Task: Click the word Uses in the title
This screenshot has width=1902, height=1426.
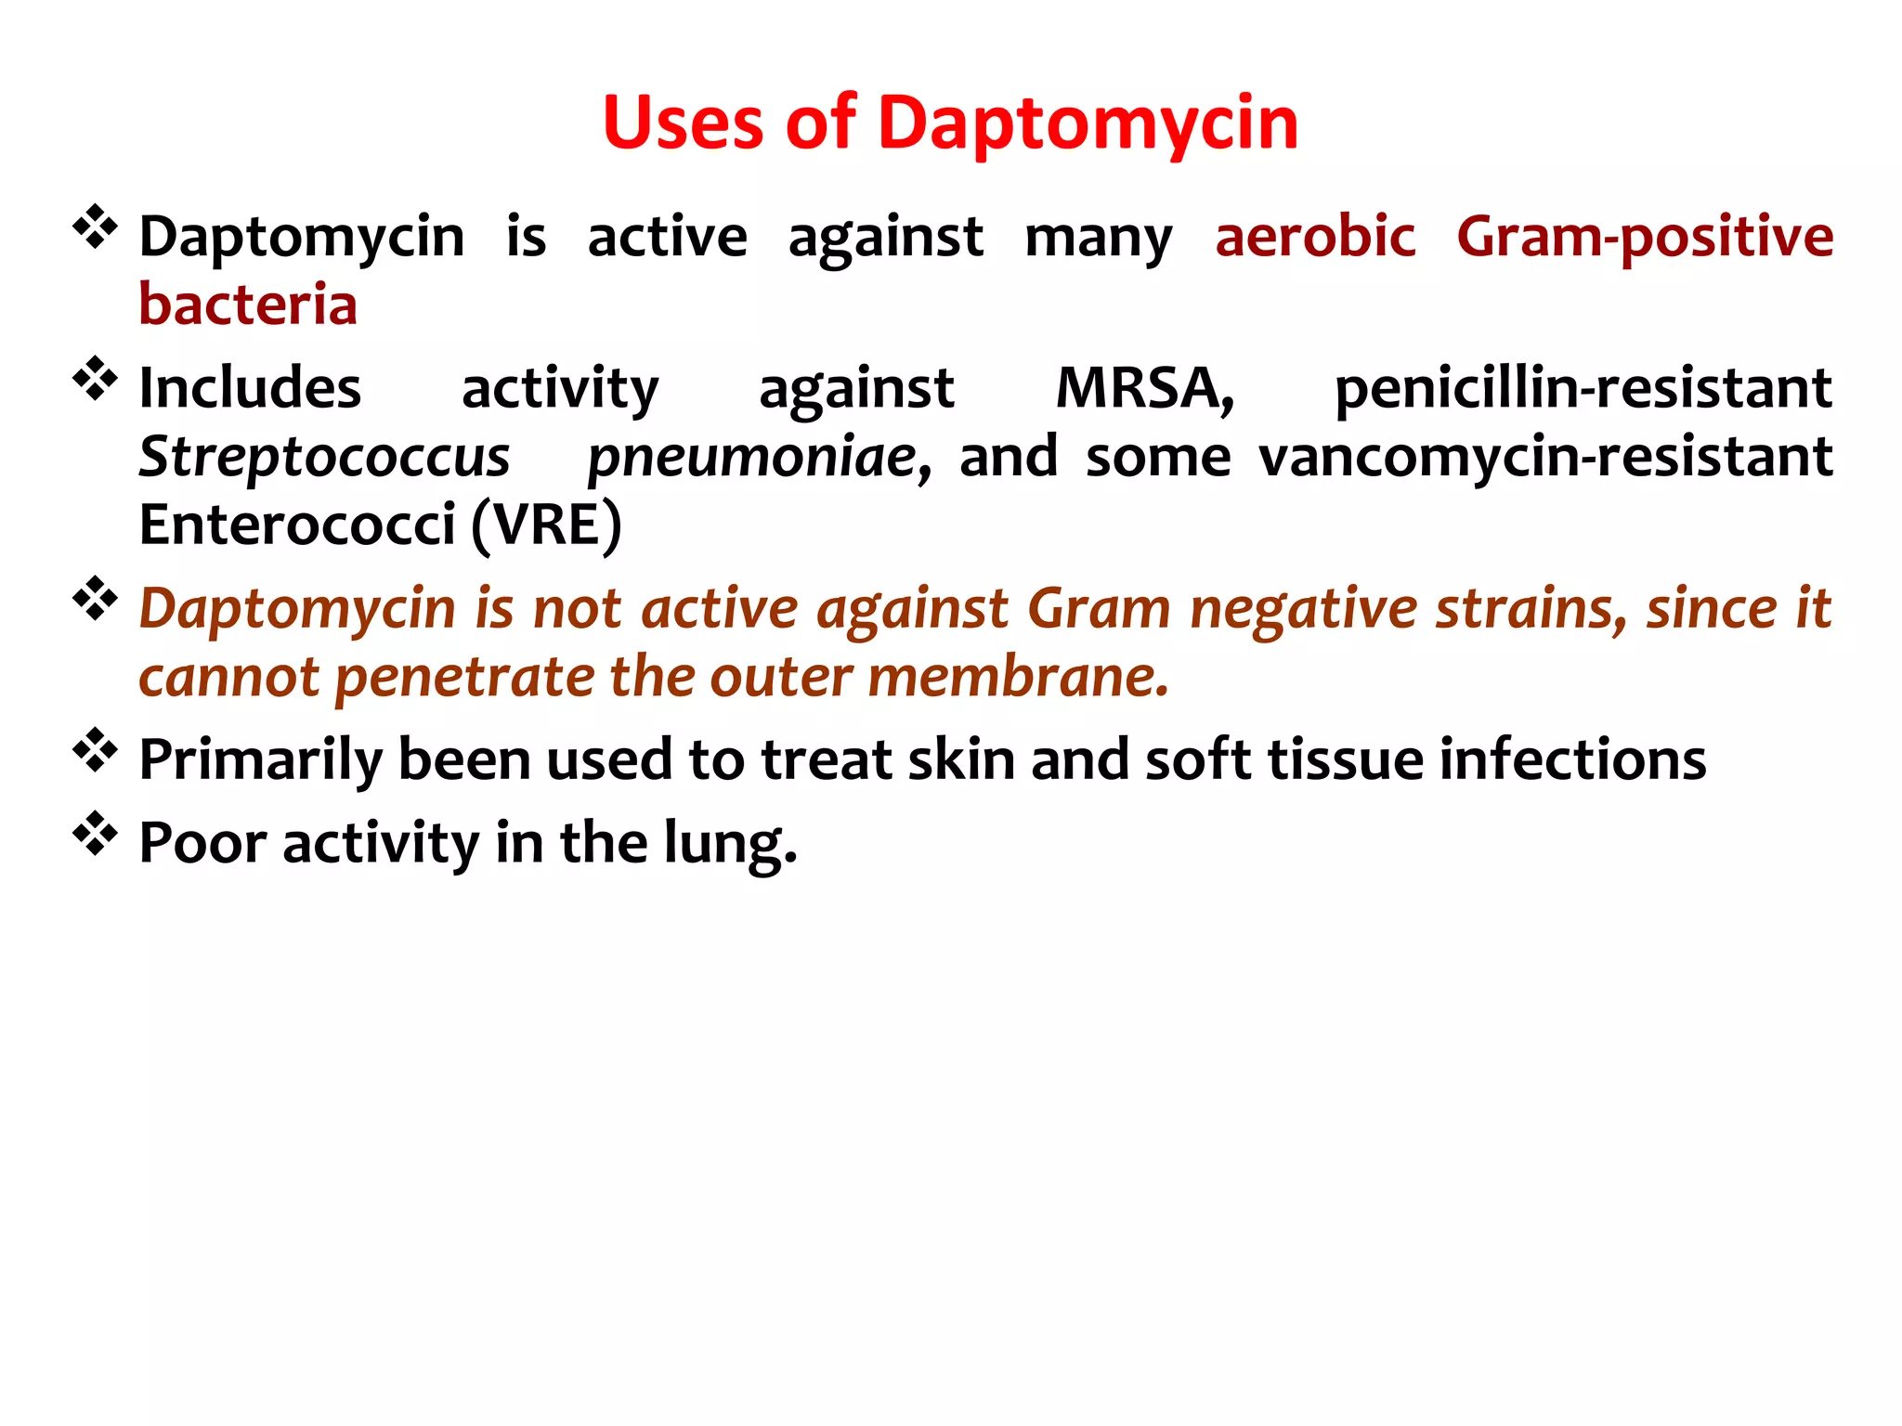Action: pos(683,123)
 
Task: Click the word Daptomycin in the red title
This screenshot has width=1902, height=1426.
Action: pos(1088,124)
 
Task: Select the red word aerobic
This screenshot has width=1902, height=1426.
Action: pos(1315,236)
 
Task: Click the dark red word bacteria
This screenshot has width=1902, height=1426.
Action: pos(248,305)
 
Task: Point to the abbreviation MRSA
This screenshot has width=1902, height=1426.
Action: pos(1144,388)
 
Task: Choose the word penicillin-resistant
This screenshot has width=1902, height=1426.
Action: pos(1583,388)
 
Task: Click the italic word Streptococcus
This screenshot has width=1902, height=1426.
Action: pos(324,458)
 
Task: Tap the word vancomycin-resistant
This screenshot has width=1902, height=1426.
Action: pos(1545,457)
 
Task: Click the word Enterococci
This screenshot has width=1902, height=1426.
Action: pos(296,525)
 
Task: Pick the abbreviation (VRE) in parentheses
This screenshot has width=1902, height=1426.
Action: pos(546,525)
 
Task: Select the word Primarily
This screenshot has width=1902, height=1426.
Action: pos(259,760)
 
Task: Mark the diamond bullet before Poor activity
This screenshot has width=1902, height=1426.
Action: pos(95,833)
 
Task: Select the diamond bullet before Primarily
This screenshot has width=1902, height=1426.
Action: pos(95,750)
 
